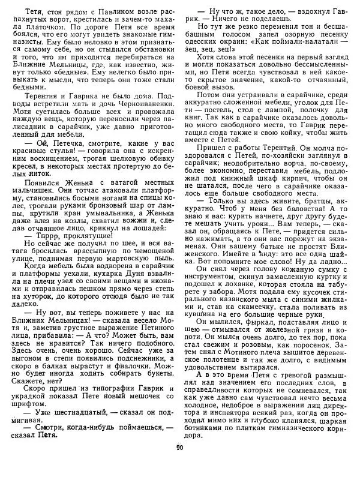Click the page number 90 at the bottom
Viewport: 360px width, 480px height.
[x=179, y=463]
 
